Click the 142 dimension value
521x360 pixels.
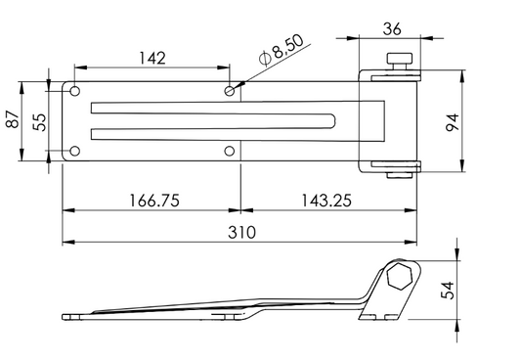point(152,58)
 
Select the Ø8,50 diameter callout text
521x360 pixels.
point(282,50)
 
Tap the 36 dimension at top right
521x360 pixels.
point(392,29)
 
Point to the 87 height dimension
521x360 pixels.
point(13,119)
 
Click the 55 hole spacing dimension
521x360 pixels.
point(39,122)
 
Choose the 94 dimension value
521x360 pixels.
point(452,122)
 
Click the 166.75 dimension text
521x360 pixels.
point(154,201)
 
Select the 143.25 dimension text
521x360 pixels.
point(326,201)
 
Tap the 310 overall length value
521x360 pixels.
point(241,233)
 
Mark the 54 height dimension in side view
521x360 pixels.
point(448,291)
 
